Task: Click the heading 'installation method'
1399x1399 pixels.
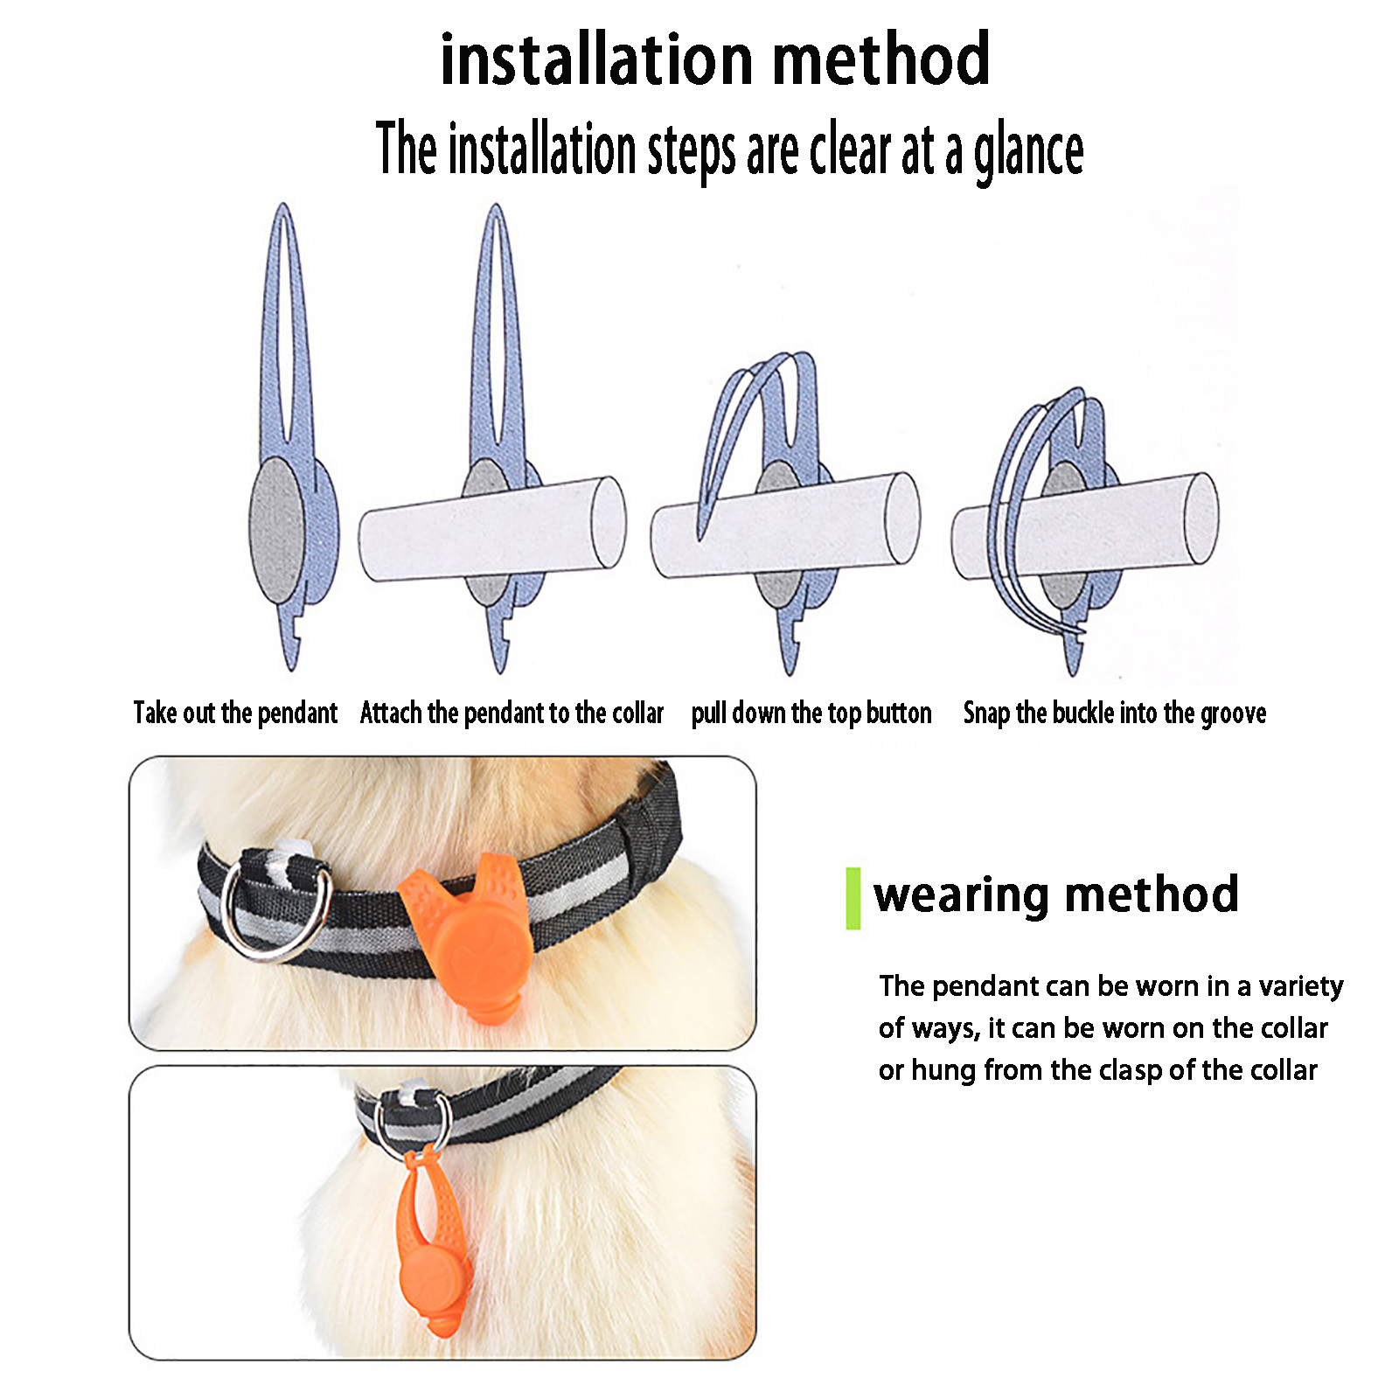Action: tap(715, 59)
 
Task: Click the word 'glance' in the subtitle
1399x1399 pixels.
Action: tap(1028, 152)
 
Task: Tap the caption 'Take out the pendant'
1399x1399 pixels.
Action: tap(235, 713)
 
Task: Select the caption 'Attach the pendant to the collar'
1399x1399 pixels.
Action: tap(512, 713)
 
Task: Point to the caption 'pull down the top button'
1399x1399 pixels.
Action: tap(811, 713)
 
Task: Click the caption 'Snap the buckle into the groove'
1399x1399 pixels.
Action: tap(1115, 713)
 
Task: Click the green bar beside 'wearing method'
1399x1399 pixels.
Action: tap(853, 898)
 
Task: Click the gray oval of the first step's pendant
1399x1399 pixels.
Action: tap(276, 530)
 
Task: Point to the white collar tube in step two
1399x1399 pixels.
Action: tap(492, 528)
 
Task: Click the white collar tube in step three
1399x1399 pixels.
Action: tap(784, 525)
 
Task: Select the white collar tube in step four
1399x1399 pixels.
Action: tap(1084, 525)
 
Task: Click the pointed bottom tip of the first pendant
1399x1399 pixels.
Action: tap(292, 668)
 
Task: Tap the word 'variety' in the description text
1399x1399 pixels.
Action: tap(1301, 987)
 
